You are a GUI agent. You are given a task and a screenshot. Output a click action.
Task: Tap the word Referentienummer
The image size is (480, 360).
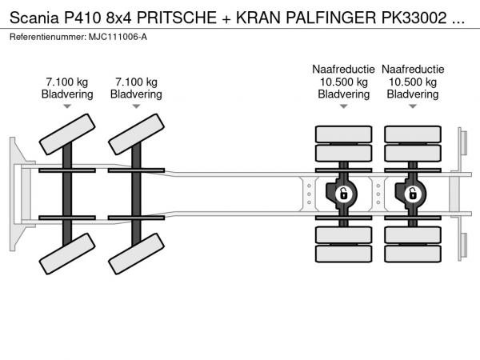tap(45, 36)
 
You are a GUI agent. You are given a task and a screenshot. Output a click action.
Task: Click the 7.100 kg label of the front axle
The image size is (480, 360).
tap(67, 82)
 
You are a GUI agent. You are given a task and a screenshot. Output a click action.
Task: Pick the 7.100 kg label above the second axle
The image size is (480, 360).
tap(136, 82)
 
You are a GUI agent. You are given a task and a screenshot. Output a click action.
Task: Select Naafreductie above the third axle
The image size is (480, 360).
tap(343, 69)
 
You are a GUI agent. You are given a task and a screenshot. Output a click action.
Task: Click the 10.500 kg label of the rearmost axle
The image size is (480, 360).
tap(412, 82)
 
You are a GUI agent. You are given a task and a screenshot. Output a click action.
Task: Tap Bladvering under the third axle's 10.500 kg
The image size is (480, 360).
tap(343, 94)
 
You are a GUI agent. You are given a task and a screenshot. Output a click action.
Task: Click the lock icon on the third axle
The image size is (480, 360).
tap(343, 193)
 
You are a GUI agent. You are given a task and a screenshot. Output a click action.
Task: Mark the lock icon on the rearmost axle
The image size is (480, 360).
tap(412, 193)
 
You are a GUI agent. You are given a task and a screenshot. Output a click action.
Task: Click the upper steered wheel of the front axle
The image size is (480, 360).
tap(66, 133)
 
